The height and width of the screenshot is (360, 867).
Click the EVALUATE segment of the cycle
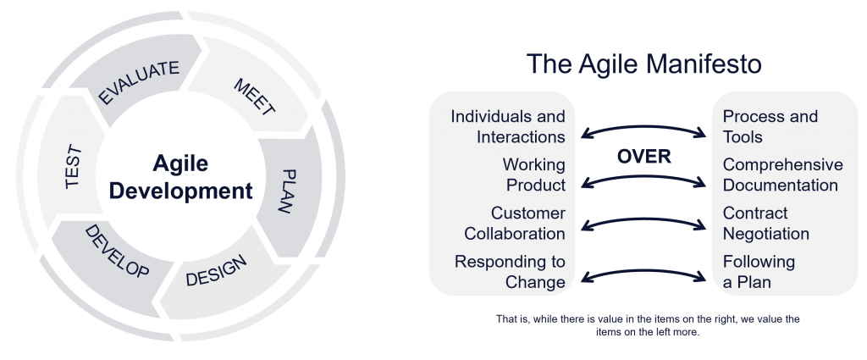[x=138, y=83]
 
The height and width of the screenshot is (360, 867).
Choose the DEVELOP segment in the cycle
[x=118, y=250]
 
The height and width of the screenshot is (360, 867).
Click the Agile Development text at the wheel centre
[x=179, y=177]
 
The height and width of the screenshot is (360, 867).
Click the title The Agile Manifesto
[x=643, y=63]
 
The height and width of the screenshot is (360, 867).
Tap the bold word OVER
[x=643, y=157]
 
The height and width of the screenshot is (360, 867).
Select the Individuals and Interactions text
[x=508, y=126]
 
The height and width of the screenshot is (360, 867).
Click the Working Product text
[x=533, y=174]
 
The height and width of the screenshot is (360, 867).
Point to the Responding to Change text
[x=510, y=271]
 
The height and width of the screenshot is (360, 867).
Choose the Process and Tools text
[x=770, y=126]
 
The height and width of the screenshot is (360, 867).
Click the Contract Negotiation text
[x=765, y=223]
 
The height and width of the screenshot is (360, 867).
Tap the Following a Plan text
[x=759, y=271]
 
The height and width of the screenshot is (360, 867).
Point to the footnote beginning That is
[x=648, y=325]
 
